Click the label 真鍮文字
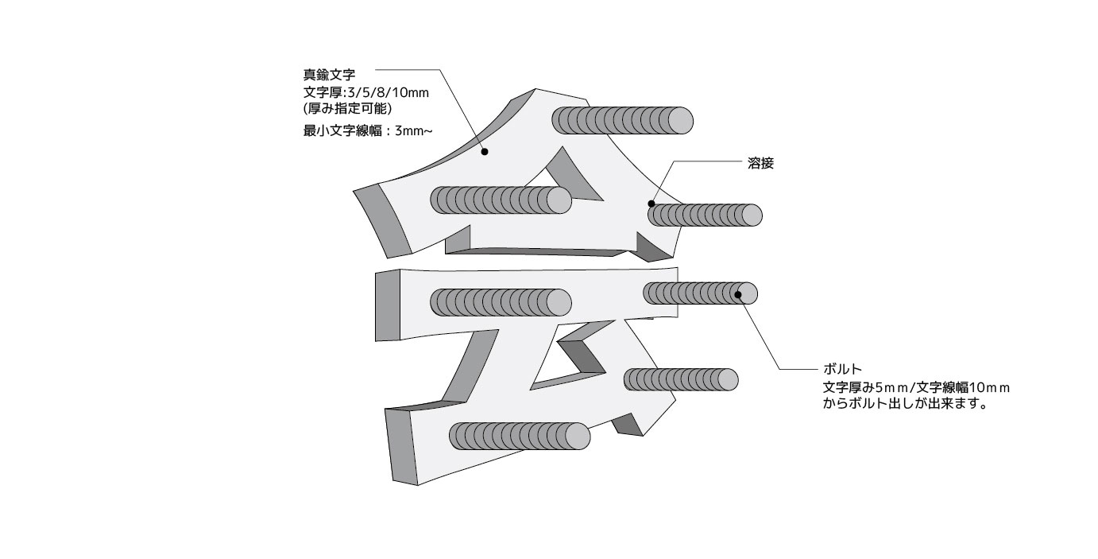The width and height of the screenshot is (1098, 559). pos(323,76)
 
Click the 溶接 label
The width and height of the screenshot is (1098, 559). pos(760,164)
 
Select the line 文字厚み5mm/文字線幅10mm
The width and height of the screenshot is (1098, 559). pos(916,387)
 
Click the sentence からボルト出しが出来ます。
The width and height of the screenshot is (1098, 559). pos(904,404)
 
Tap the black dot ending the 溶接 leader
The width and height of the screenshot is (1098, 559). pos(651,204)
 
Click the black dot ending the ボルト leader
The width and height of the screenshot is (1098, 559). pos(739,295)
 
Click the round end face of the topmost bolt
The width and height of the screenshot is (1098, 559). pos(679,120)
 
